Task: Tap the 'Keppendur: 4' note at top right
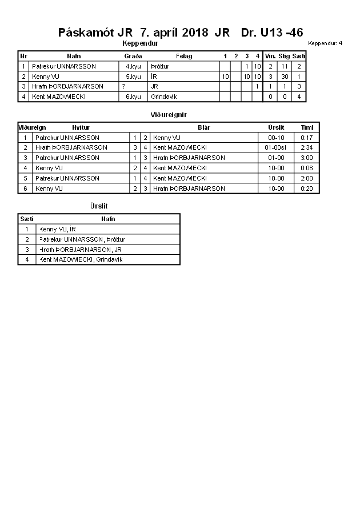coord(325,43)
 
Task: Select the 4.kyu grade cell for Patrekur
coord(133,66)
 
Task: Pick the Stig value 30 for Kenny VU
coord(284,77)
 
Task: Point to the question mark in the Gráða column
coord(123,86)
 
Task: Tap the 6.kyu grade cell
coord(133,97)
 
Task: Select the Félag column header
coord(184,56)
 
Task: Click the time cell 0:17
coord(307,138)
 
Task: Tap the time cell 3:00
coord(307,158)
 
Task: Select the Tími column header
coord(307,127)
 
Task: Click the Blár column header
coord(203,127)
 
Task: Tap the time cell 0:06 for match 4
coord(307,168)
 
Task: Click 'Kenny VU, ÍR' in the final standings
coord(57,229)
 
